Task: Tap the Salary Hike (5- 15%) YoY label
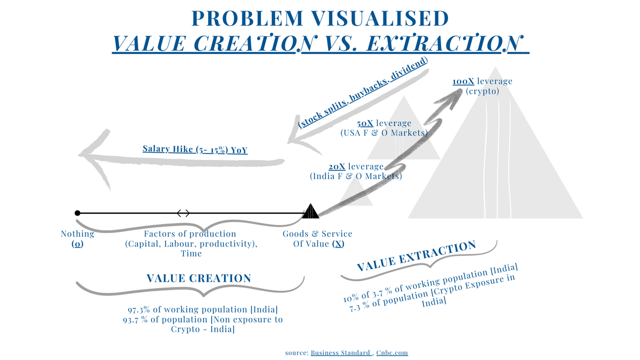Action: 195,149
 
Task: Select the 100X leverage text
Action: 482,82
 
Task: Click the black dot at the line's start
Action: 78,213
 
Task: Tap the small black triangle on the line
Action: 310,212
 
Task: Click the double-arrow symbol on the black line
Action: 183,213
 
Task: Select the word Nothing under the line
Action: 77,234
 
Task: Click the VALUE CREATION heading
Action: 198,278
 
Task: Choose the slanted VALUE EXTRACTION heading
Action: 416,257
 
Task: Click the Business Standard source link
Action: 340,353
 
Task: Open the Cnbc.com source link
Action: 392,353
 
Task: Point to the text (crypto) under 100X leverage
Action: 482,91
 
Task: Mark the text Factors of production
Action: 190,234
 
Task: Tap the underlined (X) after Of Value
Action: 338,244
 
